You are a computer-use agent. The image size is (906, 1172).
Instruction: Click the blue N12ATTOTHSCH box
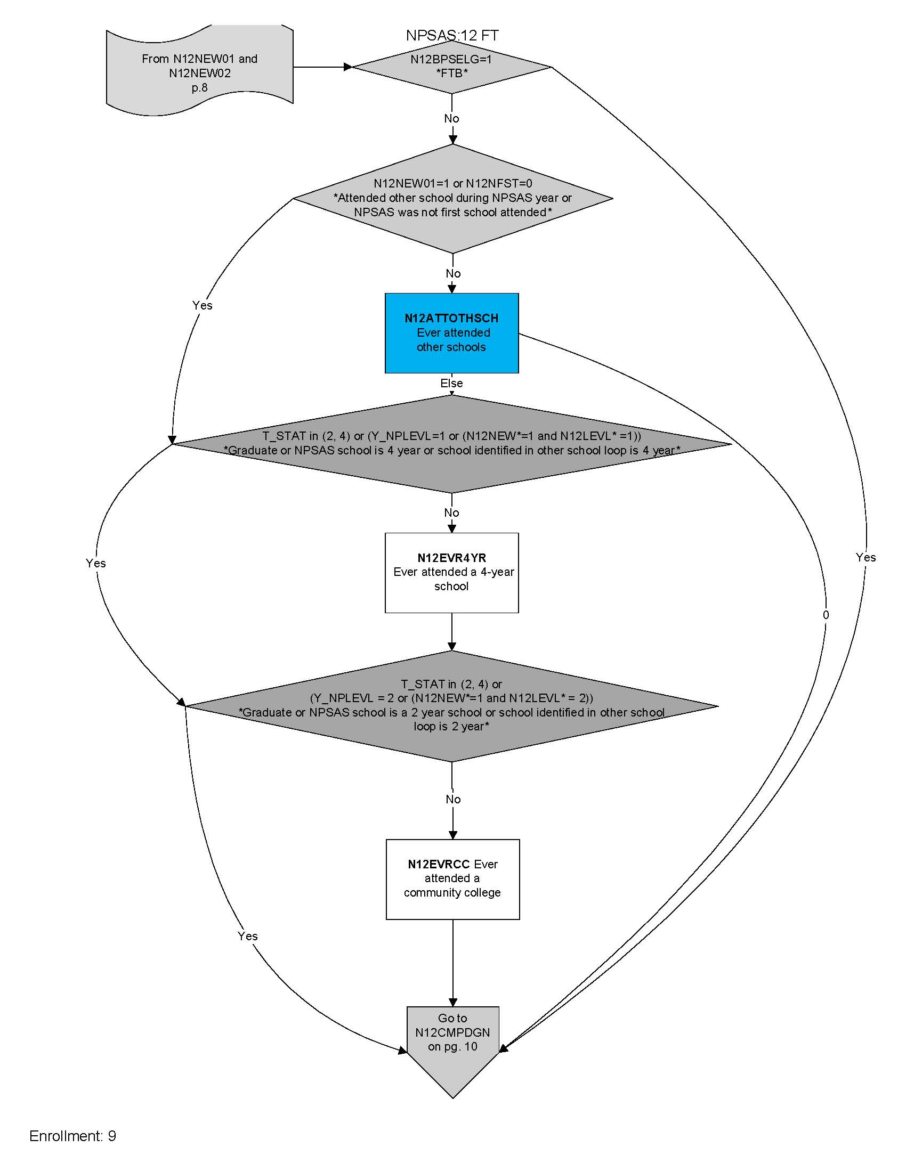pyautogui.click(x=451, y=333)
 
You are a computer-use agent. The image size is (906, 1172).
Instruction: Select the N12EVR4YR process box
pyautogui.click(x=451, y=573)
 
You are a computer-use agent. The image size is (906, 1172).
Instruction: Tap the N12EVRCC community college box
pyautogui.click(x=452, y=879)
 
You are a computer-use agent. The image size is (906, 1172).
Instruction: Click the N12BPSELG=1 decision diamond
pyautogui.click(x=451, y=67)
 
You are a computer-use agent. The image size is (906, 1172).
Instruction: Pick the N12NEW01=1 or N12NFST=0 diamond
pyautogui.click(x=452, y=198)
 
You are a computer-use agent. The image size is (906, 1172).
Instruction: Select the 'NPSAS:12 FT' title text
pyautogui.click(x=452, y=35)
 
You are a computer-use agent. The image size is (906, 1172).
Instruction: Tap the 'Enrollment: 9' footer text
pyautogui.click(x=72, y=1136)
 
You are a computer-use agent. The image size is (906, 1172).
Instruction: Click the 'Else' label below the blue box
pyautogui.click(x=451, y=383)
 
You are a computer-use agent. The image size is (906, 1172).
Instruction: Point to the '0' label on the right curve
pyautogui.click(x=826, y=615)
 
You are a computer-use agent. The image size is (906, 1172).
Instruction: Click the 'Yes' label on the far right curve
pyautogui.click(x=865, y=558)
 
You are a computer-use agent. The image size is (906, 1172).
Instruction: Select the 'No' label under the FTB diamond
pyautogui.click(x=451, y=119)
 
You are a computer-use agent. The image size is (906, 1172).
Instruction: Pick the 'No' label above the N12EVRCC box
pyautogui.click(x=453, y=800)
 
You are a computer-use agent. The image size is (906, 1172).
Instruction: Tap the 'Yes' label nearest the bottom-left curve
pyautogui.click(x=247, y=936)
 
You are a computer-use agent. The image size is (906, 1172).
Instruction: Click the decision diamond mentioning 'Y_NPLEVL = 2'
pyautogui.click(x=451, y=705)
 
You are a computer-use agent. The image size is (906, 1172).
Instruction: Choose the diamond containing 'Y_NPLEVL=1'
pyautogui.click(x=451, y=443)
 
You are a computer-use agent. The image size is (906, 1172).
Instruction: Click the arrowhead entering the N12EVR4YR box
pyautogui.click(x=452, y=528)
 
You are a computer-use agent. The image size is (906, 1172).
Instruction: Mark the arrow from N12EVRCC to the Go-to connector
pyautogui.click(x=452, y=961)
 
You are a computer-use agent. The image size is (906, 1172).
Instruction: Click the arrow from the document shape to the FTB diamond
pyautogui.click(x=322, y=67)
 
